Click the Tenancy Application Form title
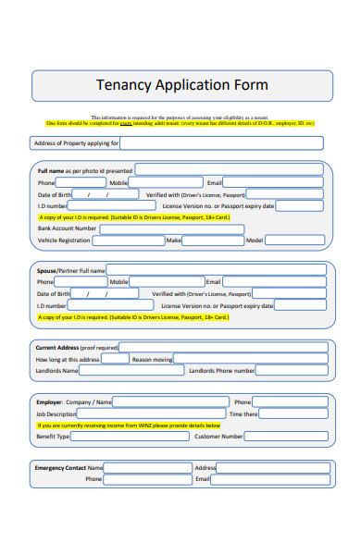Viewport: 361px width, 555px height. (182, 85)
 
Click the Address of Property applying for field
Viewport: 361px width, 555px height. (222, 143)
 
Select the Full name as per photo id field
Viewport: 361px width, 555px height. (230, 170)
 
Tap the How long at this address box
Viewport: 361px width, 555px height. (115, 359)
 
